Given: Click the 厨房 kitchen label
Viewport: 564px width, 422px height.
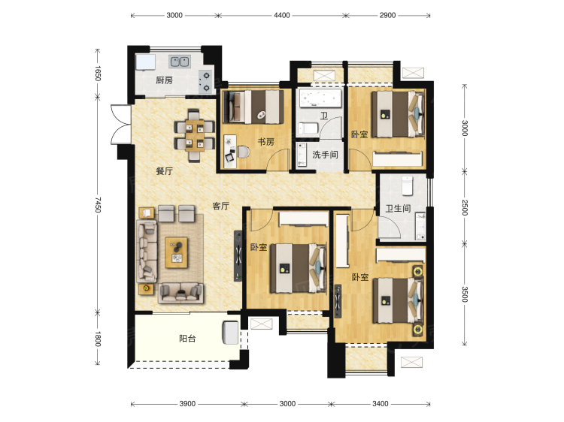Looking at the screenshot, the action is tap(165, 80).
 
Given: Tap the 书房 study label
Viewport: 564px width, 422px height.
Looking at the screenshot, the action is tap(265, 142).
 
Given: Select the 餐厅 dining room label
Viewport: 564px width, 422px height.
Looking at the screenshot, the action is tap(164, 171).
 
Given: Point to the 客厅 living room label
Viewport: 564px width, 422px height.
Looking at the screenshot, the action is tap(220, 206).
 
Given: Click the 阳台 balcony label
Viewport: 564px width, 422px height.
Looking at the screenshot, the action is tap(187, 339).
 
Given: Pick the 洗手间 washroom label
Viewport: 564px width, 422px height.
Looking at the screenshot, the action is tap(325, 155).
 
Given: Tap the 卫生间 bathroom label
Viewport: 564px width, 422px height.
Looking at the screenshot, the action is tap(398, 208).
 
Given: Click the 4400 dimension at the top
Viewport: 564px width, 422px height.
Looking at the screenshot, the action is tap(282, 15).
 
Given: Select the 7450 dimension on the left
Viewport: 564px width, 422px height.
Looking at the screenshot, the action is tap(98, 204).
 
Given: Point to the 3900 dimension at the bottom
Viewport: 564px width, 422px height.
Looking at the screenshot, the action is tap(187, 404).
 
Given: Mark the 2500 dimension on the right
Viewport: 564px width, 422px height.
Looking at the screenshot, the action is tap(465, 207).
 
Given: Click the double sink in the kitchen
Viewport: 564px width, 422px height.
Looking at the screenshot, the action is tap(180, 62).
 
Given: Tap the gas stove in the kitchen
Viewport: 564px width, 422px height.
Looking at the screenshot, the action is tap(206, 82).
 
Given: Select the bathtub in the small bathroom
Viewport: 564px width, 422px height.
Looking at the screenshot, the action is tap(320, 98).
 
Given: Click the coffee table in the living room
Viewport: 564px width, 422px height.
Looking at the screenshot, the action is tap(176, 252).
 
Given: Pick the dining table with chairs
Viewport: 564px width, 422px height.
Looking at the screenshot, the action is tap(194, 136).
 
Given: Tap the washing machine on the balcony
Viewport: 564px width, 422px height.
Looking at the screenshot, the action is tap(230, 333).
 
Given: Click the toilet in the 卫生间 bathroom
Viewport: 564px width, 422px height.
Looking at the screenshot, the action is tap(407, 185).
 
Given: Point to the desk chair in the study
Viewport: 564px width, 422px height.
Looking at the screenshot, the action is tap(243, 152).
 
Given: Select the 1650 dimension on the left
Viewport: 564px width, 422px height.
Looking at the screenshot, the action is tap(98, 73).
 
